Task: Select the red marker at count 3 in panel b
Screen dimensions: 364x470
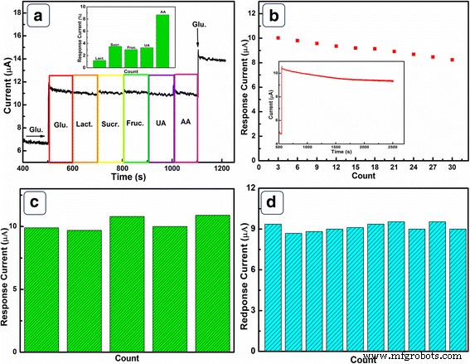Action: point(279,37)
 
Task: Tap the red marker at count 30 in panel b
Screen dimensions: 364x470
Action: point(452,60)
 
